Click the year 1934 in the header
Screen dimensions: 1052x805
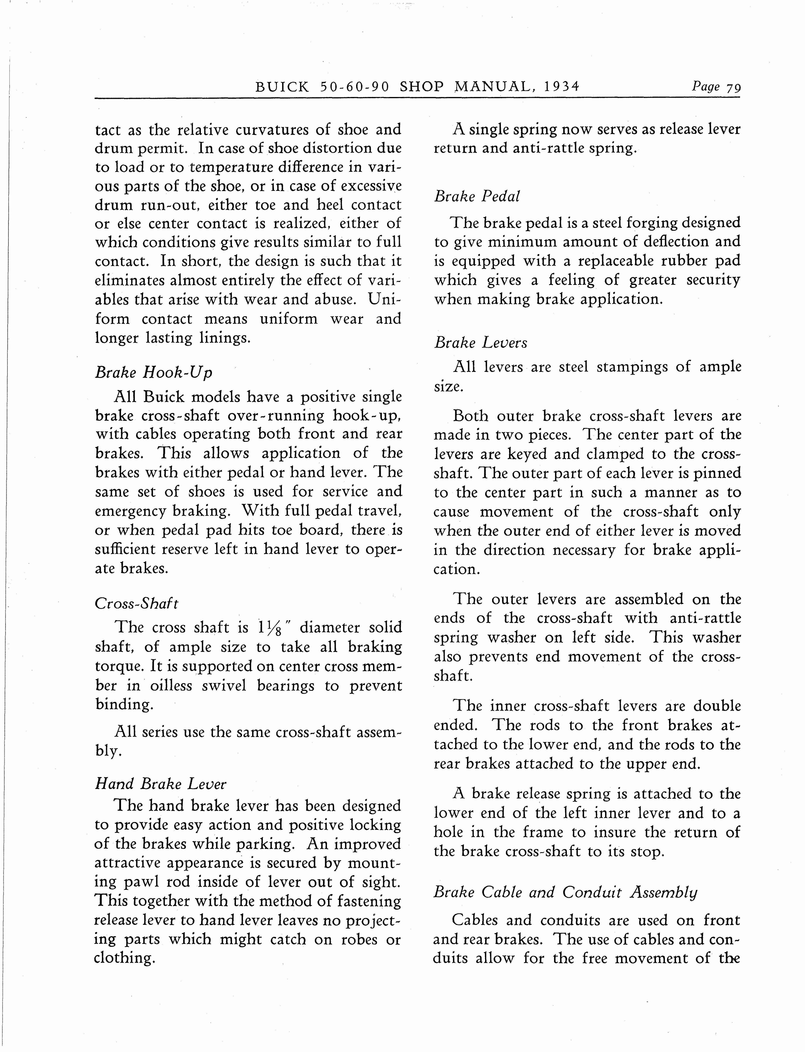tap(562, 87)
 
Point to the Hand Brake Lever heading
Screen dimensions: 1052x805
tap(161, 783)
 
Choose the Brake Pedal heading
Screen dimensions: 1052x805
tap(477, 196)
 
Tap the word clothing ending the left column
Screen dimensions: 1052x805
tap(124, 958)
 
